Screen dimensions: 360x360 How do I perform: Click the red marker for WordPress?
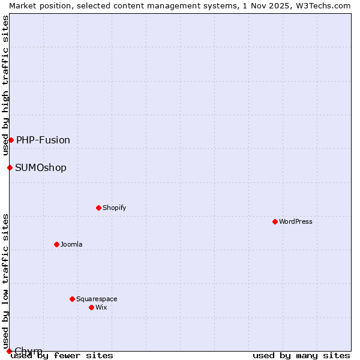(275, 221)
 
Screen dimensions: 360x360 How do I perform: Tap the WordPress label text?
(295, 221)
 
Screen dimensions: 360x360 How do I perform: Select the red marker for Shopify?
(98, 208)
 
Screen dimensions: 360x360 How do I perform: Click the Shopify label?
(114, 208)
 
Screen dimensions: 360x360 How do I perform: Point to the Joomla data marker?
(56, 244)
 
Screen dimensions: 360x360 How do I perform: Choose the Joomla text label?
(71, 244)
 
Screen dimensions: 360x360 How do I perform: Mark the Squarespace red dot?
(72, 299)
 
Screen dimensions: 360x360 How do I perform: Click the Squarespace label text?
(97, 299)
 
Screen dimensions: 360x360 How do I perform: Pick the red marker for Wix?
(91, 307)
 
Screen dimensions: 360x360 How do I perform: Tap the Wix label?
(101, 307)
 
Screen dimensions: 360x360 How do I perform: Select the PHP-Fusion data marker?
(11, 140)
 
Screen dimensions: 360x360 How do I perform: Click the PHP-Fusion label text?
(43, 140)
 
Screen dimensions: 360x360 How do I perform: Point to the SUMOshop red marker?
(10, 167)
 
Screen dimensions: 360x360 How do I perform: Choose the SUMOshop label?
(41, 168)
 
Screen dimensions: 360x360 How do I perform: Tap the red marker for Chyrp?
(9, 351)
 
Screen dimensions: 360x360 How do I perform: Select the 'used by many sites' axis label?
(301, 355)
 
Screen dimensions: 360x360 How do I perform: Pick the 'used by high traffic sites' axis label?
(5, 85)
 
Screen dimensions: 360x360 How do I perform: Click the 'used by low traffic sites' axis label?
(5, 281)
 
